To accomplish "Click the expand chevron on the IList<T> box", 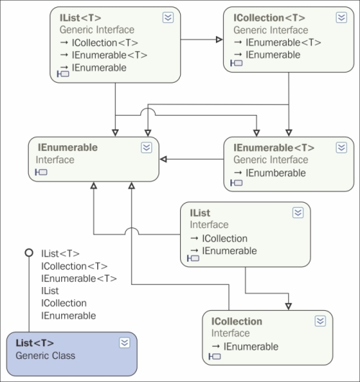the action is [x=168, y=17].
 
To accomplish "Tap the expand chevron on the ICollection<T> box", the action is [x=341, y=17].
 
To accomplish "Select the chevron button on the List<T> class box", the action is [x=125, y=342].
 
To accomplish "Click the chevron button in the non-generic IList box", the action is [x=298, y=213].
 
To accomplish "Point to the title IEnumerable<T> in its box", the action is [x=274, y=147].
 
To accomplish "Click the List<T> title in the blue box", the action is [x=35, y=343].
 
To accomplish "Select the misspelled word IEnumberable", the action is [x=276, y=173].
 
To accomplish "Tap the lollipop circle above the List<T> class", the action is [x=29, y=253].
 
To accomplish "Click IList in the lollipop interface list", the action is [x=50, y=291].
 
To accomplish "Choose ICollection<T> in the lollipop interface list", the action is [x=74, y=266].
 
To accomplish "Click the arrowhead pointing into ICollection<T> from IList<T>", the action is [x=220, y=40].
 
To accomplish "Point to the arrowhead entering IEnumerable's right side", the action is [x=163, y=159].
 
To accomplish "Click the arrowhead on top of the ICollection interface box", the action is [x=289, y=306].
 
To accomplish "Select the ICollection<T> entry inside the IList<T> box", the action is [x=105, y=43].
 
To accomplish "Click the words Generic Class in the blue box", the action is [x=45, y=355].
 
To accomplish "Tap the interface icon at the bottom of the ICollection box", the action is [x=215, y=357].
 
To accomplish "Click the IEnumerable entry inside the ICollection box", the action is [x=251, y=347].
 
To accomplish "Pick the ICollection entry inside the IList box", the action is [x=225, y=239].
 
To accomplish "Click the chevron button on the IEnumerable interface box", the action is [x=146, y=147].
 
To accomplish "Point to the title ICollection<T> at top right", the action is [x=269, y=18].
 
